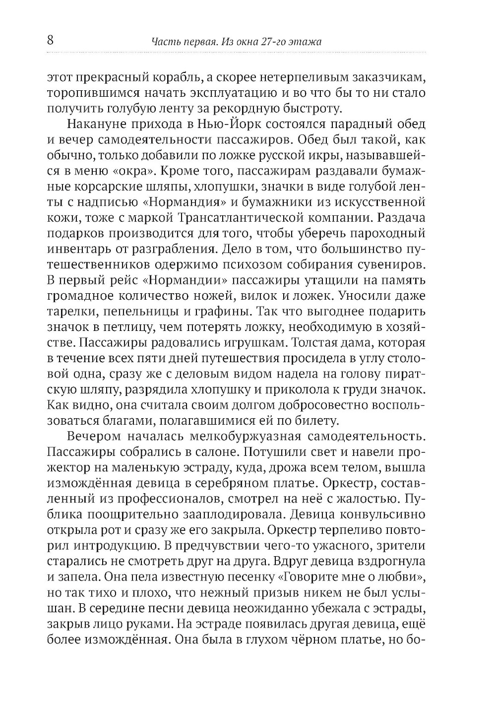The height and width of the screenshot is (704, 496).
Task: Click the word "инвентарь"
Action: (x=78, y=249)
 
